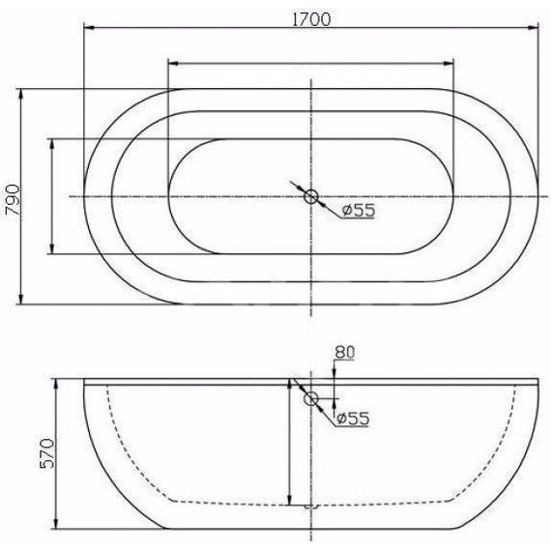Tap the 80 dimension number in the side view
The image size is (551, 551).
click(x=345, y=353)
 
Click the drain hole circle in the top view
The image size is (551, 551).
click(x=311, y=197)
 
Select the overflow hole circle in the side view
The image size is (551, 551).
click(x=311, y=398)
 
